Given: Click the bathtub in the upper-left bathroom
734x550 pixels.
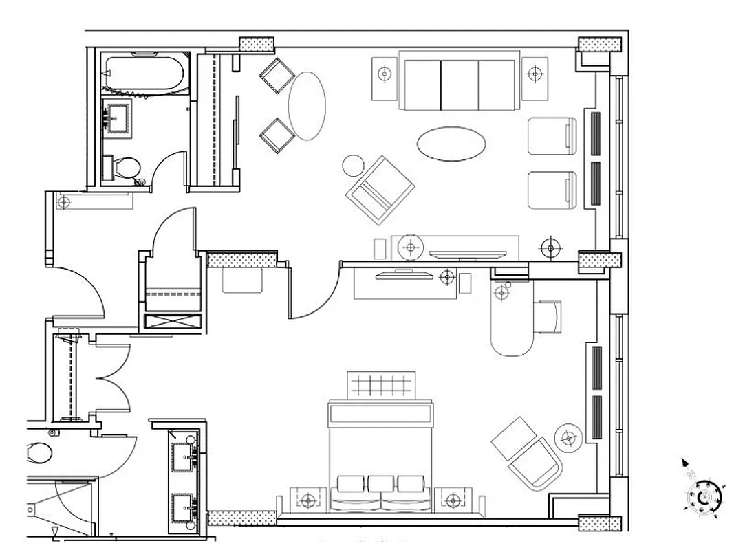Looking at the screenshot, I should tap(144, 74).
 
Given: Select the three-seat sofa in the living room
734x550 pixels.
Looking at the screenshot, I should tap(459, 85).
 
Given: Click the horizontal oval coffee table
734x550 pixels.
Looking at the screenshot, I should tap(451, 143).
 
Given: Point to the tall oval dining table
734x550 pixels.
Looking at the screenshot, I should tap(306, 105).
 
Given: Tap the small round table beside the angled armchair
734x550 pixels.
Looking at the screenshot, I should tap(354, 165).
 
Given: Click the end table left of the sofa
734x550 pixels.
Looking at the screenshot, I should tap(385, 72).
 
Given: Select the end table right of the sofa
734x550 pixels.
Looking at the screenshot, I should tap(535, 72).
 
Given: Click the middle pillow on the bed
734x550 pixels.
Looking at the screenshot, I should tap(381, 483).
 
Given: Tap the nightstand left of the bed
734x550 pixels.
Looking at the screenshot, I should tap(308, 499).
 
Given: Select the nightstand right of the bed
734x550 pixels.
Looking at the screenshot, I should tap(453, 499).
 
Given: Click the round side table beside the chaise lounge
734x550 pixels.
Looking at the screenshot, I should tap(568, 437).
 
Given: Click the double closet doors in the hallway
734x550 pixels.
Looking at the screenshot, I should tap(113, 377).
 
